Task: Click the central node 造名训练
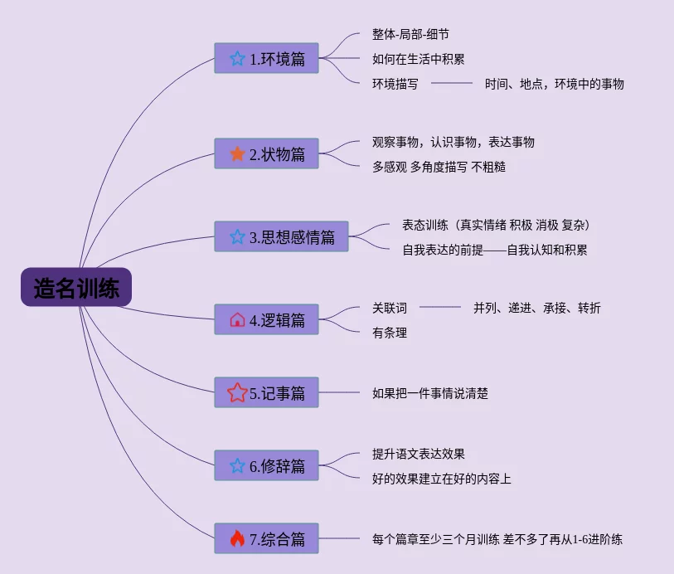coord(76,289)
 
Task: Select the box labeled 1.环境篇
coord(266,58)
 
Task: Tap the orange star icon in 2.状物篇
coord(237,153)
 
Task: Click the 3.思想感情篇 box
coord(281,236)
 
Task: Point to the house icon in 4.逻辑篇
coord(237,319)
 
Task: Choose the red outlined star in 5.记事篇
coord(237,393)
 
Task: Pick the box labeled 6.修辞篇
coord(266,465)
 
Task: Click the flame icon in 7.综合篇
coord(237,539)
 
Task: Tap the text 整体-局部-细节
coord(411,35)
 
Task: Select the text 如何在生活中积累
coord(418,59)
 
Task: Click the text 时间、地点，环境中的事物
coord(554,83)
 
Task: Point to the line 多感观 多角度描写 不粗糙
coord(439,166)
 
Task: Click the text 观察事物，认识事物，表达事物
coord(453,142)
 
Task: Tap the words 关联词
coord(390,308)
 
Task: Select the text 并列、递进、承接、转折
coord(537,308)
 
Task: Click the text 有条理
coord(390,333)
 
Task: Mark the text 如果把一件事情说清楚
coord(430,393)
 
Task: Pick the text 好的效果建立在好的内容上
coord(442,479)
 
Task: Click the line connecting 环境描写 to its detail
coord(451,83)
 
